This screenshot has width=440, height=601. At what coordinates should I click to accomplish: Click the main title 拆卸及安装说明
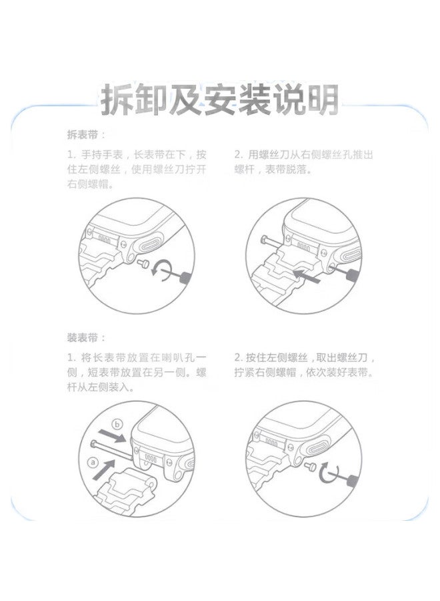click(x=219, y=100)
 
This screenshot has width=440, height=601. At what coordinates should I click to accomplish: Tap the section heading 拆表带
click(x=86, y=134)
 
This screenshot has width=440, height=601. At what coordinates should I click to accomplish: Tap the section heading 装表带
click(x=86, y=337)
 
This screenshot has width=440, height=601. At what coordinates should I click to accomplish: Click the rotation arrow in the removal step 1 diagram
click(x=162, y=269)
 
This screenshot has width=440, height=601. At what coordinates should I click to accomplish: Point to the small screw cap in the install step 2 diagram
click(x=311, y=468)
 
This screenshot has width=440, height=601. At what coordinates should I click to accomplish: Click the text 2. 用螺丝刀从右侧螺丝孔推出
click(x=303, y=154)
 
